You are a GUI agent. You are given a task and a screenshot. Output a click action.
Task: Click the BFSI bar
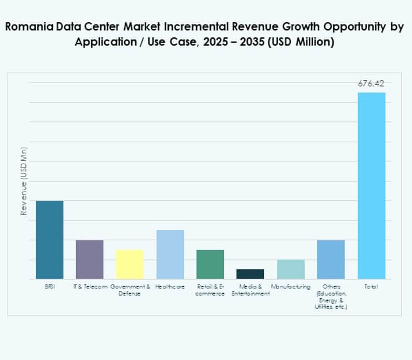(x=49, y=240)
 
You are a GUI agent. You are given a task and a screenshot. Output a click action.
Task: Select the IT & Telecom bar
(x=90, y=259)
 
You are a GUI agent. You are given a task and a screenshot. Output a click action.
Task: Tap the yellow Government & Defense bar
(x=130, y=264)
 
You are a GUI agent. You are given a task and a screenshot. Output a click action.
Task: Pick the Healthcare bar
(x=170, y=254)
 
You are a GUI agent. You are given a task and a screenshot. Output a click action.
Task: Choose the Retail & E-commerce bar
(x=210, y=264)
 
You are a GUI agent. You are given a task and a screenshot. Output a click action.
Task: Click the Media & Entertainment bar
(x=250, y=274)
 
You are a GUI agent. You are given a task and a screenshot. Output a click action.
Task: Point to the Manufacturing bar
(x=291, y=269)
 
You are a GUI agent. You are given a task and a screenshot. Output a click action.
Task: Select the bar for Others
(x=331, y=259)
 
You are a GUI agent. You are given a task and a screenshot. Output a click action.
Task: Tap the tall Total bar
(x=371, y=186)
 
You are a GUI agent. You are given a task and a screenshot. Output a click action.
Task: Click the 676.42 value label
(x=371, y=84)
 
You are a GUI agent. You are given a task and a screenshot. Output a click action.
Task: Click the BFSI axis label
(x=49, y=287)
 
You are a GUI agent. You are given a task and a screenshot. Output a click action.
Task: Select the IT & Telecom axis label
(x=90, y=287)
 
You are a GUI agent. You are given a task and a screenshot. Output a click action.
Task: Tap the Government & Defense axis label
(x=130, y=290)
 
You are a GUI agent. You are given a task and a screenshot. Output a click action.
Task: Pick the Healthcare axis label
(x=170, y=287)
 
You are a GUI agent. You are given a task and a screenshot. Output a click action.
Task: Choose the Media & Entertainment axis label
(x=250, y=290)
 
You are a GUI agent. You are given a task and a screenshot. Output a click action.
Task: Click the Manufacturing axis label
(x=291, y=287)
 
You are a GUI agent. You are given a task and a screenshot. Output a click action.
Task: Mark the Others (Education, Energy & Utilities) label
(x=331, y=297)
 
